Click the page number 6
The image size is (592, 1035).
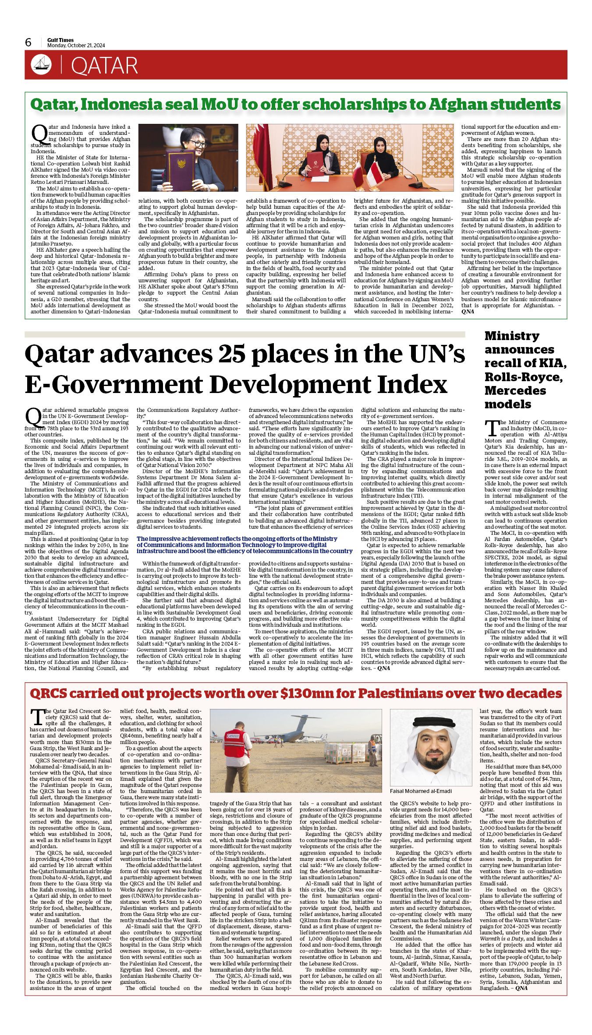click(x=28, y=42)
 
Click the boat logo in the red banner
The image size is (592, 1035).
click(x=41, y=66)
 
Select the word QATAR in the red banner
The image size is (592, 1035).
click(x=104, y=66)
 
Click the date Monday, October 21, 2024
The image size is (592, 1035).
click(x=76, y=46)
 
